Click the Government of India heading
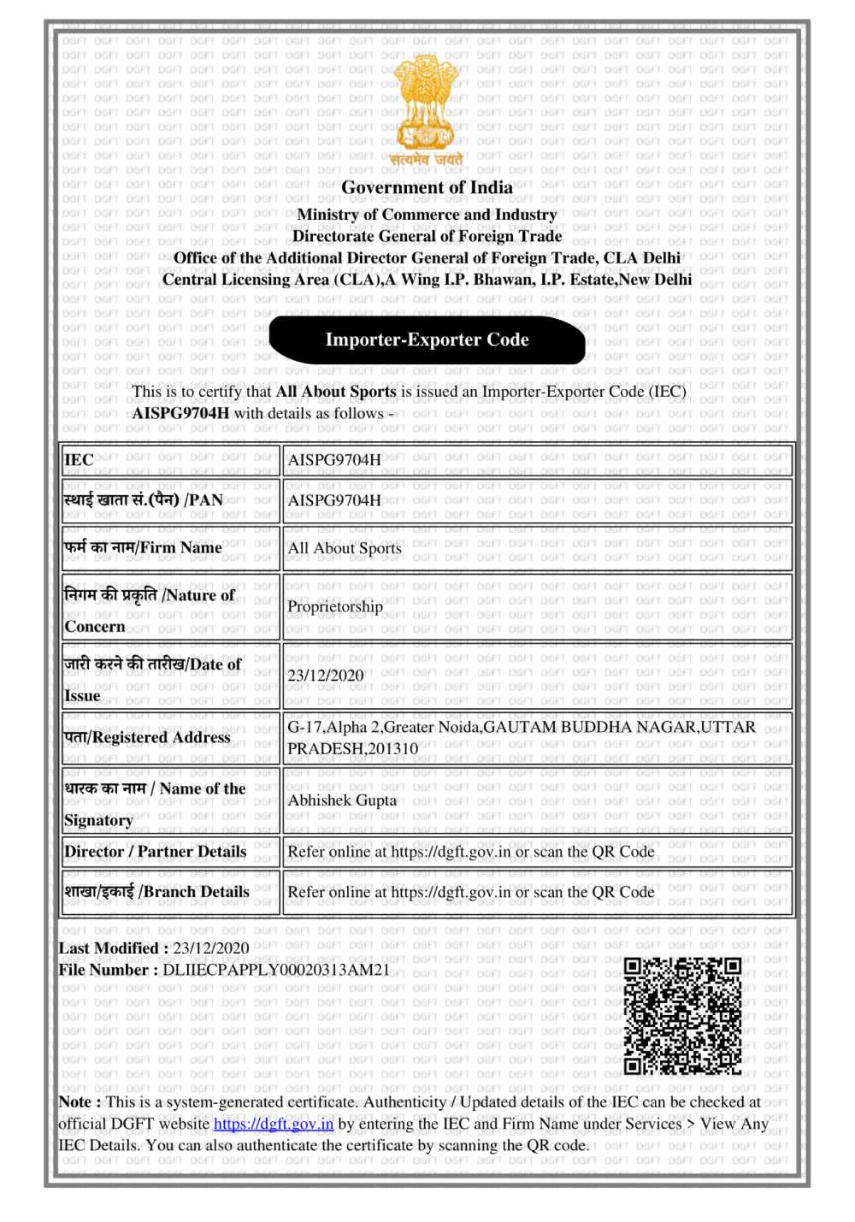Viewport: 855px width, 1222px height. pyautogui.click(x=427, y=187)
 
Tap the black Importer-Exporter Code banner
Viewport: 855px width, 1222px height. pyautogui.click(x=427, y=339)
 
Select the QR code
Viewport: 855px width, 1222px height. pyautogui.click(x=681, y=1015)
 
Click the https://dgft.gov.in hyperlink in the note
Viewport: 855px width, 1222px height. pyautogui.click(x=274, y=1124)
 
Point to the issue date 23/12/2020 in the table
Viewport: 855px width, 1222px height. pyautogui.click(x=326, y=676)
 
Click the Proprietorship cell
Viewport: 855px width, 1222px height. pyautogui.click(x=335, y=606)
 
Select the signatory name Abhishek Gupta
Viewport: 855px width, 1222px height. pyautogui.click(x=342, y=800)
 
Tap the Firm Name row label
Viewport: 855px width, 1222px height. pyautogui.click(x=144, y=547)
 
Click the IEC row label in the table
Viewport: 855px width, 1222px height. pyautogui.click(x=79, y=460)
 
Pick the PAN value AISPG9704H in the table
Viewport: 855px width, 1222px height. pyautogui.click(x=334, y=500)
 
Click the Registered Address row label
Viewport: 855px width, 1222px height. pyautogui.click(x=147, y=737)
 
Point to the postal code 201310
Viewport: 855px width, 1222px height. pyautogui.click(x=392, y=748)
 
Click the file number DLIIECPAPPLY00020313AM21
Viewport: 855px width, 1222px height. pyautogui.click(x=275, y=970)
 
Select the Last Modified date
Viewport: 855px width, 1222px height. pyautogui.click(x=211, y=947)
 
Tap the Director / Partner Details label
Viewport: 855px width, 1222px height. pyautogui.click(x=155, y=852)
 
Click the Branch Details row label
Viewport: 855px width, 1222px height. pyautogui.click(x=156, y=891)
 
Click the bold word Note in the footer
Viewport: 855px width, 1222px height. pyautogui.click(x=79, y=1101)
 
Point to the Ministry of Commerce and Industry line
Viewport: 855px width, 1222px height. pyautogui.click(x=427, y=215)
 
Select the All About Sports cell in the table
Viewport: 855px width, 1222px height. pyautogui.click(x=345, y=548)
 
